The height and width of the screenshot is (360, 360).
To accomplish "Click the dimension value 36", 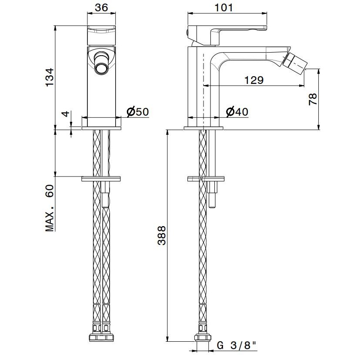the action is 101,7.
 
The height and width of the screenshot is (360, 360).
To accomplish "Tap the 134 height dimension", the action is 50,77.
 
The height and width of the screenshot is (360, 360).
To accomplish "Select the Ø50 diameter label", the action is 138,112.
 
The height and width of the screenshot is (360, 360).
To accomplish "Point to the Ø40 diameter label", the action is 237,112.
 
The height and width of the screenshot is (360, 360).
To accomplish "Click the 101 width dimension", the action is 223,7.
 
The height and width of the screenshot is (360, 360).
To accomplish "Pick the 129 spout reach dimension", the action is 254,80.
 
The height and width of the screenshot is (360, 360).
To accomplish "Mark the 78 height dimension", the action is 313,99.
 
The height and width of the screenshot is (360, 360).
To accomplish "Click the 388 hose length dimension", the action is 162,236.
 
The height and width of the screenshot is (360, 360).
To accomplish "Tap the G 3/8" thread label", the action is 237,345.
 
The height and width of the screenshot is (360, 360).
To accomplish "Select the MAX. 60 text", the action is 50,208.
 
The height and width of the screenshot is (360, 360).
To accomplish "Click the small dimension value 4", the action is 66,113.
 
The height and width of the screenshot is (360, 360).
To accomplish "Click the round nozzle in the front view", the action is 101,69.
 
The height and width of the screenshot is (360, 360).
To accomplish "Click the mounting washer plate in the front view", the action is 101,178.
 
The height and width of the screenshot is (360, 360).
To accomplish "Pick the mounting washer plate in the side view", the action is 206,179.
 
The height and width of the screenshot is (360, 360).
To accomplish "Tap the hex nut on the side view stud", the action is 212,187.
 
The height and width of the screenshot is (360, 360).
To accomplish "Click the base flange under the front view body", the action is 101,128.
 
